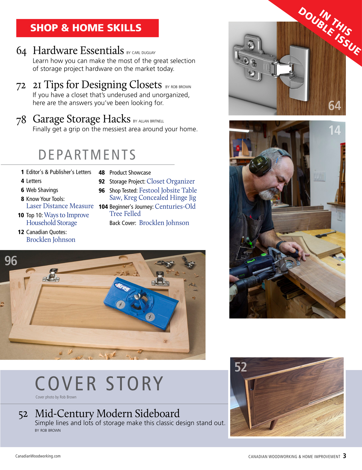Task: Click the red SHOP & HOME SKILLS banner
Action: pos(87,28)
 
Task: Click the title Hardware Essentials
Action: pos(78,50)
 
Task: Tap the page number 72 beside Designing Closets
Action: pos(21,86)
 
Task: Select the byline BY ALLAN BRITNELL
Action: pos(148,121)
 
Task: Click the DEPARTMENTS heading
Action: pos(87,155)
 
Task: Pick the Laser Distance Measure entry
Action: pos(60,206)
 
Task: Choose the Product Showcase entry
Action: pos(130,173)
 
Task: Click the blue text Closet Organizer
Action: pos(171,181)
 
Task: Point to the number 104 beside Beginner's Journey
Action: pos(103,207)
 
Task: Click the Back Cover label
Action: pos(123,223)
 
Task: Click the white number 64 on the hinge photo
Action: pos(335,105)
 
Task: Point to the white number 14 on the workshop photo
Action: pos(335,130)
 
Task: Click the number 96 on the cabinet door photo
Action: pos(11,261)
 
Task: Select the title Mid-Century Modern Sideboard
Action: pos(107,414)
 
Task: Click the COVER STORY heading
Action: pos(99,384)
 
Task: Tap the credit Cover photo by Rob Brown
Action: pos(56,397)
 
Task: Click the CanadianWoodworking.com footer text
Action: pos(38,456)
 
